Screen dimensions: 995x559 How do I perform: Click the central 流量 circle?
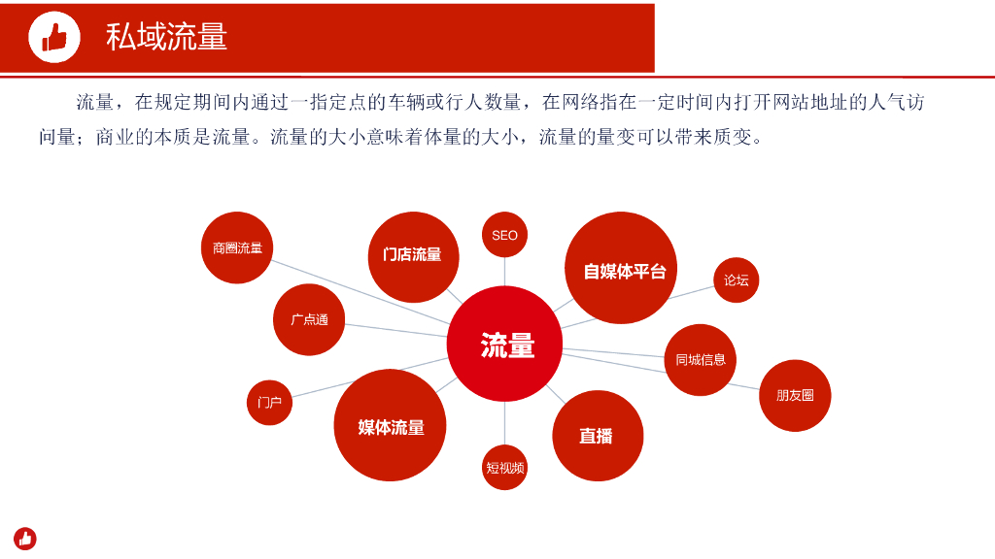point(505,345)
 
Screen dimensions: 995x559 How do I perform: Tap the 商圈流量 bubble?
point(237,247)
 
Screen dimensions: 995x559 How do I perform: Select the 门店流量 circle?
point(413,255)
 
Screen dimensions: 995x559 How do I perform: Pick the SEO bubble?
point(504,235)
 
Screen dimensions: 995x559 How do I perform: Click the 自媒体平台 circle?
point(621,269)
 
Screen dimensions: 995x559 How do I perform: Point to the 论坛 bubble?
point(736,280)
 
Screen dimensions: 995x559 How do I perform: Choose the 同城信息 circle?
point(700,360)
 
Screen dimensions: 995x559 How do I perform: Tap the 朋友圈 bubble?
point(795,395)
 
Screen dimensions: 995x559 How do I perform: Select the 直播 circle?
point(598,436)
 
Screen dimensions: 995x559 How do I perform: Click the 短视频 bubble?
point(504,468)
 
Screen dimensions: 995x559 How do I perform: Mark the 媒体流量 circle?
point(390,426)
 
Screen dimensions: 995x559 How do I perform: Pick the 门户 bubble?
point(269,402)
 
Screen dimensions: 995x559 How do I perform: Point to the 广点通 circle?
point(309,319)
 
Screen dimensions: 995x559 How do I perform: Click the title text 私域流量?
point(166,37)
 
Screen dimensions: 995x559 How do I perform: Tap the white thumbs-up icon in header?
point(54,38)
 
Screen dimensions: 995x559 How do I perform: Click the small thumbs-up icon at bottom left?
point(25,538)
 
